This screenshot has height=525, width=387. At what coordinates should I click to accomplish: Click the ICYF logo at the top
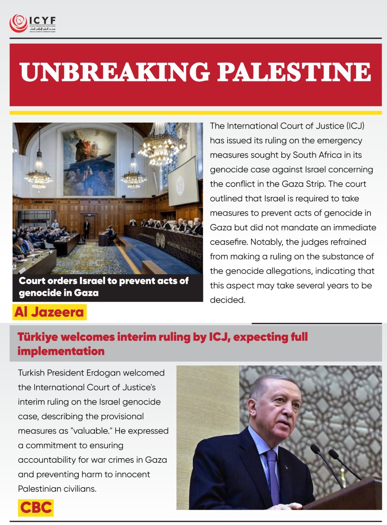(32, 24)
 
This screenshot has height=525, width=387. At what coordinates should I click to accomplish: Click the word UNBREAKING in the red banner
(115, 72)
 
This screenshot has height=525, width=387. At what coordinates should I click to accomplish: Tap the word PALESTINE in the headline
(294, 72)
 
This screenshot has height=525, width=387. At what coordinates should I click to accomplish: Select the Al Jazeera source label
(49, 312)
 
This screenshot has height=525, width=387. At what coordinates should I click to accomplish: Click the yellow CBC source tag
(36, 507)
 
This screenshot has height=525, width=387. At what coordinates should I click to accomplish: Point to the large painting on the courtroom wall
(90, 162)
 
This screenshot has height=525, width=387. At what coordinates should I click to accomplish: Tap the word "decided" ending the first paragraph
(227, 300)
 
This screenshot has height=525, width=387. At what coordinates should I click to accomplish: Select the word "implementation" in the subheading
(61, 351)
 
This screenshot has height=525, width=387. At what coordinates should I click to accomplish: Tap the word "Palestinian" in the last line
(39, 489)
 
